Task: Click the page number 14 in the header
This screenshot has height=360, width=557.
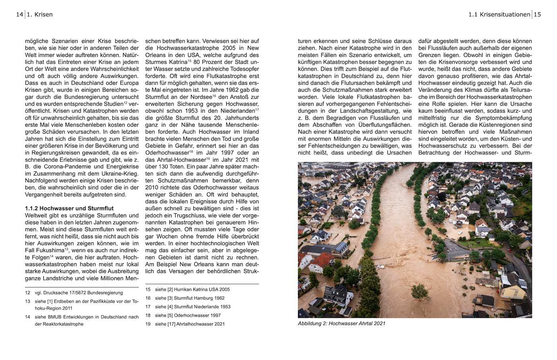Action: coord(19,15)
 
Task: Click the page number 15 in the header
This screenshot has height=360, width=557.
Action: coord(537,15)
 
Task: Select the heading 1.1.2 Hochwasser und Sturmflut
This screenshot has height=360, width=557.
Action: coord(69,208)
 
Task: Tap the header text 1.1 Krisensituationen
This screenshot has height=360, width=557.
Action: coord(499,15)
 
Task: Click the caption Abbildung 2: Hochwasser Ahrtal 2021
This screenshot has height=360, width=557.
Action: coord(341,323)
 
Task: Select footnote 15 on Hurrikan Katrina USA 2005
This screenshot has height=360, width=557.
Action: coord(192,290)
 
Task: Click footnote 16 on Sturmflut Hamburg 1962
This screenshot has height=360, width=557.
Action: coord(190,298)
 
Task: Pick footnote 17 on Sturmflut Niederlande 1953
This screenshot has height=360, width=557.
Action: coord(193,307)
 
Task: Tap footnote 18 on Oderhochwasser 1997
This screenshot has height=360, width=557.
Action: coord(188,315)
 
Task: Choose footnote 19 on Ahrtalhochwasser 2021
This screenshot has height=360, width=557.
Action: coord(190,324)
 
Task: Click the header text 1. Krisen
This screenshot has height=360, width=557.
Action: coord(40,15)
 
